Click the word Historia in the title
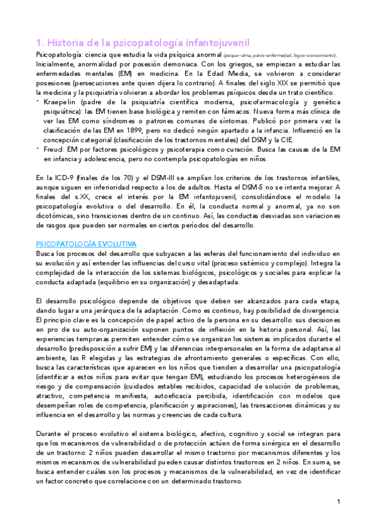pos(64,43)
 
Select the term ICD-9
pos(63,177)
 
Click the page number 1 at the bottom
pos(338,501)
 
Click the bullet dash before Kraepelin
pos(38,102)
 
